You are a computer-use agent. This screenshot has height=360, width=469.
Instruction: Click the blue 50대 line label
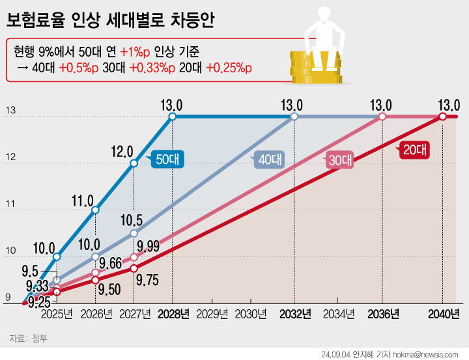[169, 158]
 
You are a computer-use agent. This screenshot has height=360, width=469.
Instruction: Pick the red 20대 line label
[414, 149]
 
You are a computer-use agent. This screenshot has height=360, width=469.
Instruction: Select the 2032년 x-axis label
[294, 314]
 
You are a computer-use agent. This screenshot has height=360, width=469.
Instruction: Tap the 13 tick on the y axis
[10, 111]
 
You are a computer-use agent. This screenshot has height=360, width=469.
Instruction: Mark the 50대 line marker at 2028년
[173, 117]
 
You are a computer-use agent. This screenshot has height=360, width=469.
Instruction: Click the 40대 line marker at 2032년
[294, 117]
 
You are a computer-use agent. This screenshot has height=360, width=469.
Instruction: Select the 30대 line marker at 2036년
[382, 117]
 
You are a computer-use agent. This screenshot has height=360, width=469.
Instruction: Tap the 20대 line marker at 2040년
[443, 117]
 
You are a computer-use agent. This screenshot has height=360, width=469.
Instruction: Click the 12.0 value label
[122, 151]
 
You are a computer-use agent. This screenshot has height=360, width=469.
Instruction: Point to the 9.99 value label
[147, 245]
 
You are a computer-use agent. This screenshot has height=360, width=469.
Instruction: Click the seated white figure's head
[322, 14]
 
